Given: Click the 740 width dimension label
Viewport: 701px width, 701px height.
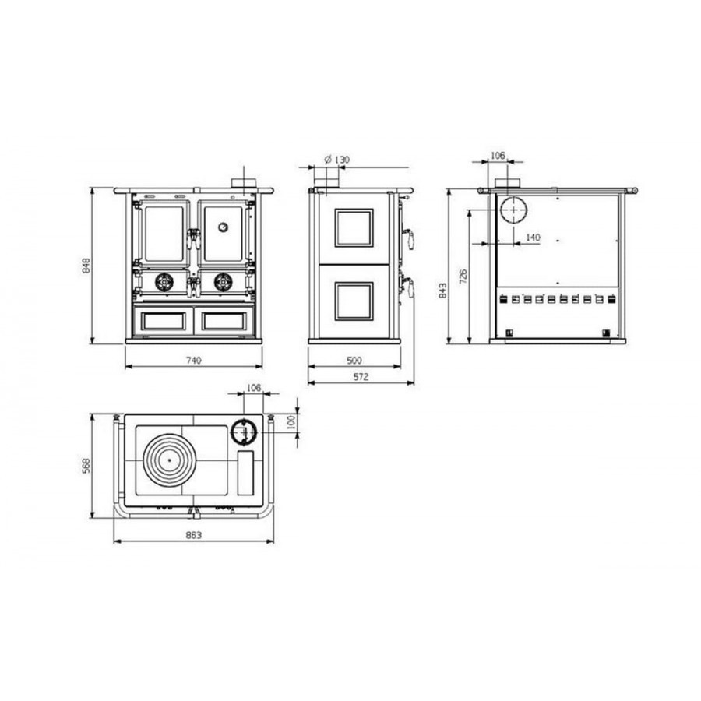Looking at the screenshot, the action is click(194, 360).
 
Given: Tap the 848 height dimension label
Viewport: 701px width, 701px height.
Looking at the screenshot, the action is click(87, 266).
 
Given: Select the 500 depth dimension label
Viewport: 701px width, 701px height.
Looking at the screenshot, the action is click(354, 360).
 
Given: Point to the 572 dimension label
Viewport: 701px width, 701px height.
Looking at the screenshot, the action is click(361, 376).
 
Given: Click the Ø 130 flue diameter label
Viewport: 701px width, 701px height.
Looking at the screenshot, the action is click(336, 159).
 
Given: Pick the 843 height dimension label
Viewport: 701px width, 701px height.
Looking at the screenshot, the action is click(443, 291).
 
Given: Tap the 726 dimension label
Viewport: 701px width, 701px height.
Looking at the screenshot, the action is click(463, 277).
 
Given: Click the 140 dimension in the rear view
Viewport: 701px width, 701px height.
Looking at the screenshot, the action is click(533, 238).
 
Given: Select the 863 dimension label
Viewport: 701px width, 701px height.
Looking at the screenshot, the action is click(194, 535).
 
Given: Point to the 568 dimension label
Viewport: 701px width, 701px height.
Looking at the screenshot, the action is click(86, 466).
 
